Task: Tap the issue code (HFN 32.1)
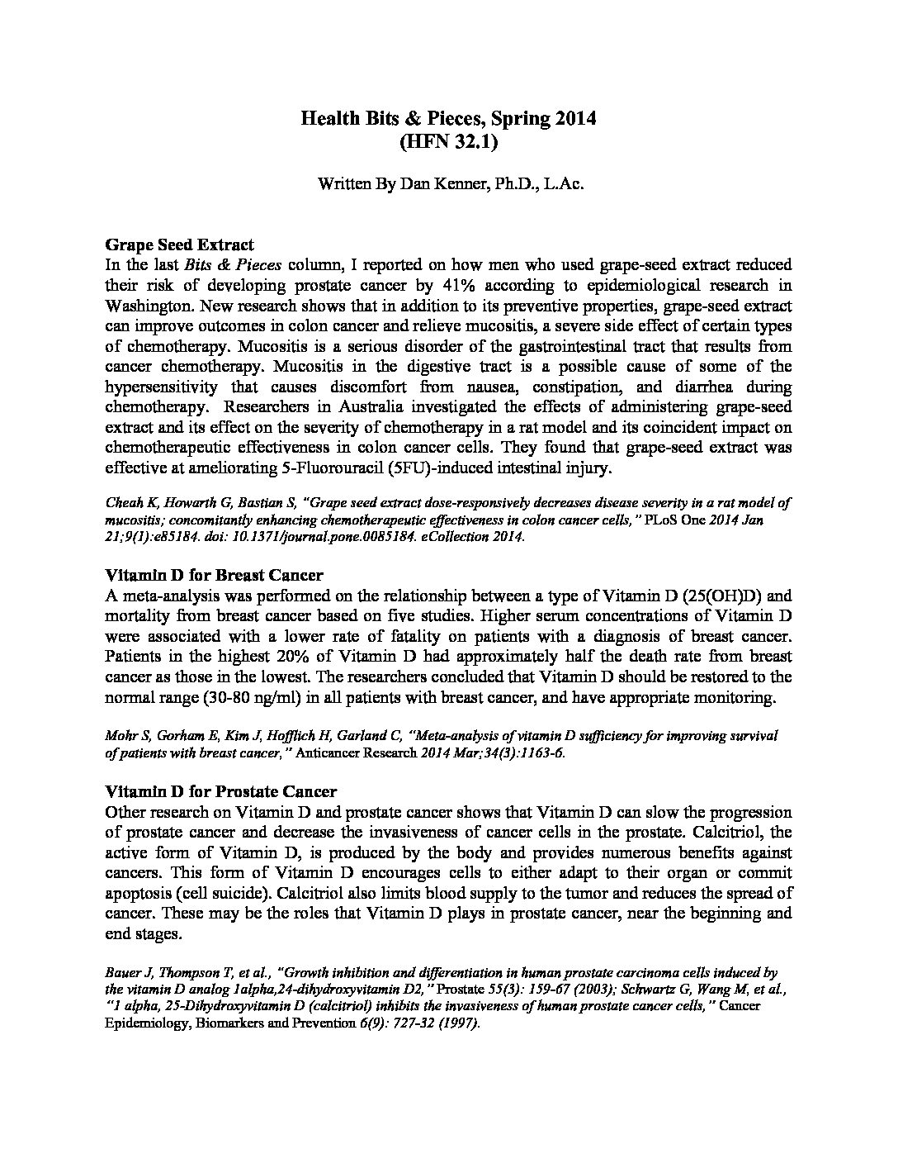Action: click(448, 142)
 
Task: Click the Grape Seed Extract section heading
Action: click(179, 244)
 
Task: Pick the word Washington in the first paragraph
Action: click(147, 306)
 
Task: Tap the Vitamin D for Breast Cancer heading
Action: click(214, 575)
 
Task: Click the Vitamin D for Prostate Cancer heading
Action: click(220, 791)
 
